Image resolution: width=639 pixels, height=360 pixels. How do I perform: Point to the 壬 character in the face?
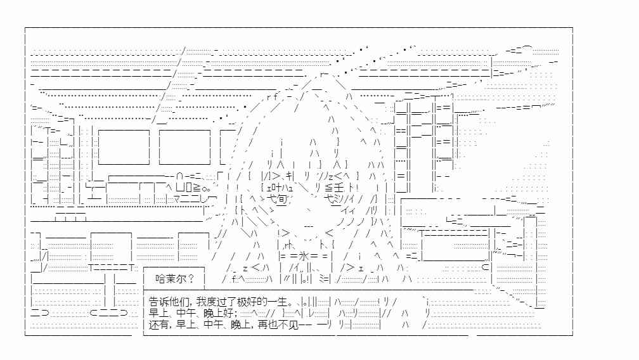(339, 188)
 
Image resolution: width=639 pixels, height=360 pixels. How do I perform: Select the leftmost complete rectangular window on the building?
(124, 147)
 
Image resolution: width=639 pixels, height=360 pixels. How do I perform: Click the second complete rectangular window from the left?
(184, 147)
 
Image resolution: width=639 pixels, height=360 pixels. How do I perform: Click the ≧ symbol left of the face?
(197, 188)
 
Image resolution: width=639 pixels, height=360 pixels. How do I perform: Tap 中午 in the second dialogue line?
(186, 313)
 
